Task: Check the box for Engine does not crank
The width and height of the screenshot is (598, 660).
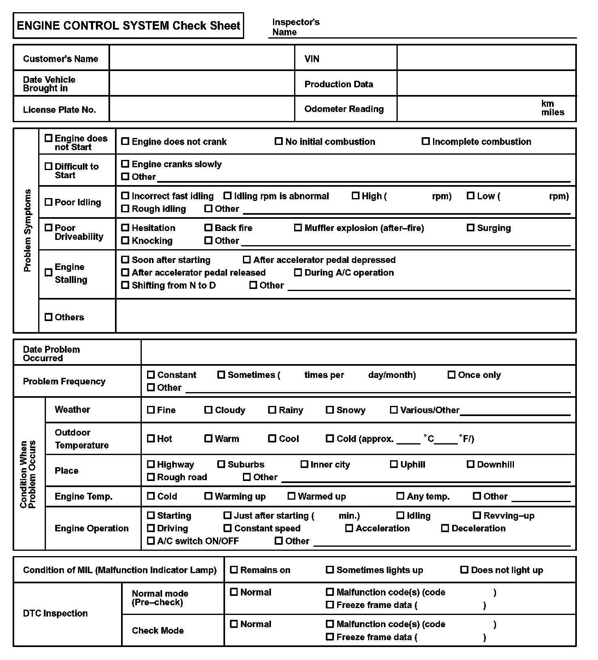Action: [x=125, y=141]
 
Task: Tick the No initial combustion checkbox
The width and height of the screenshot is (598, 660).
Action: [x=279, y=141]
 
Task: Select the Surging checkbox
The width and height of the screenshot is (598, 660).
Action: [x=470, y=228]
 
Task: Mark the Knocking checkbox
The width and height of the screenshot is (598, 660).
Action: [x=125, y=240]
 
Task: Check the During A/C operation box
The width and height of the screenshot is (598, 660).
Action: [x=298, y=272]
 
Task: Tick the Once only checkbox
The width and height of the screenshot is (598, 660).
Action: [x=451, y=375]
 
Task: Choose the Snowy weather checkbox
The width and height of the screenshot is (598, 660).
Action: [x=330, y=410]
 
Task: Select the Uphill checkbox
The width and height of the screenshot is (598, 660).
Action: [x=394, y=464]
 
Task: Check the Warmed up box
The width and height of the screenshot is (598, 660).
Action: [x=291, y=496]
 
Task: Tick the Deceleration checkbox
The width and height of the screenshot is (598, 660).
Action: [x=445, y=528]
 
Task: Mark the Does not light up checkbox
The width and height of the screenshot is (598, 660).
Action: [x=464, y=570]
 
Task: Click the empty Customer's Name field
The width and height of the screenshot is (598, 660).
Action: [x=201, y=58]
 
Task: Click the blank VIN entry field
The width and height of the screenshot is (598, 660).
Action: [x=486, y=58]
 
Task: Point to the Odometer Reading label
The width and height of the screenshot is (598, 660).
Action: [x=344, y=109]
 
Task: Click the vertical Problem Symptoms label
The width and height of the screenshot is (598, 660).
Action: [x=27, y=230]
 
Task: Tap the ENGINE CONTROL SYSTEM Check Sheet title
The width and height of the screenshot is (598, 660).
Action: [x=128, y=26]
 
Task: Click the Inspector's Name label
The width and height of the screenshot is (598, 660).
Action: [x=296, y=27]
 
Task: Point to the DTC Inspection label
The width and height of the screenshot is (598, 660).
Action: [x=55, y=613]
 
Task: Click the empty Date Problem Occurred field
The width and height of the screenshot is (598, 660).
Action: [x=358, y=352]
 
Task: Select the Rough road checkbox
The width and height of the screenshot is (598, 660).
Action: [x=151, y=477]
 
